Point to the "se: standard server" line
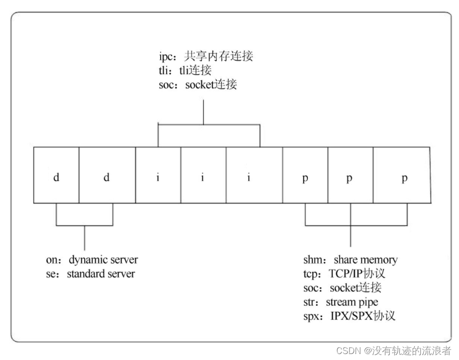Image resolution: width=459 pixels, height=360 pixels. (90, 273)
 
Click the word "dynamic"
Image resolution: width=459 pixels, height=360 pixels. (88, 260)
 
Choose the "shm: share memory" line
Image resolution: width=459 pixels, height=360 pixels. (350, 260)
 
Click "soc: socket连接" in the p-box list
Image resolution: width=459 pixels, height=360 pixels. (342, 287)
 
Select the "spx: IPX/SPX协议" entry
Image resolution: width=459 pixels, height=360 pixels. (349, 316)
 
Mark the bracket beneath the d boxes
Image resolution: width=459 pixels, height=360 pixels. (85, 225)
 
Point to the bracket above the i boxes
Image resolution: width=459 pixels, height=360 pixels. (208, 124)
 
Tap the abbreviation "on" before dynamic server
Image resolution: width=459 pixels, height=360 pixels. (51, 260)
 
